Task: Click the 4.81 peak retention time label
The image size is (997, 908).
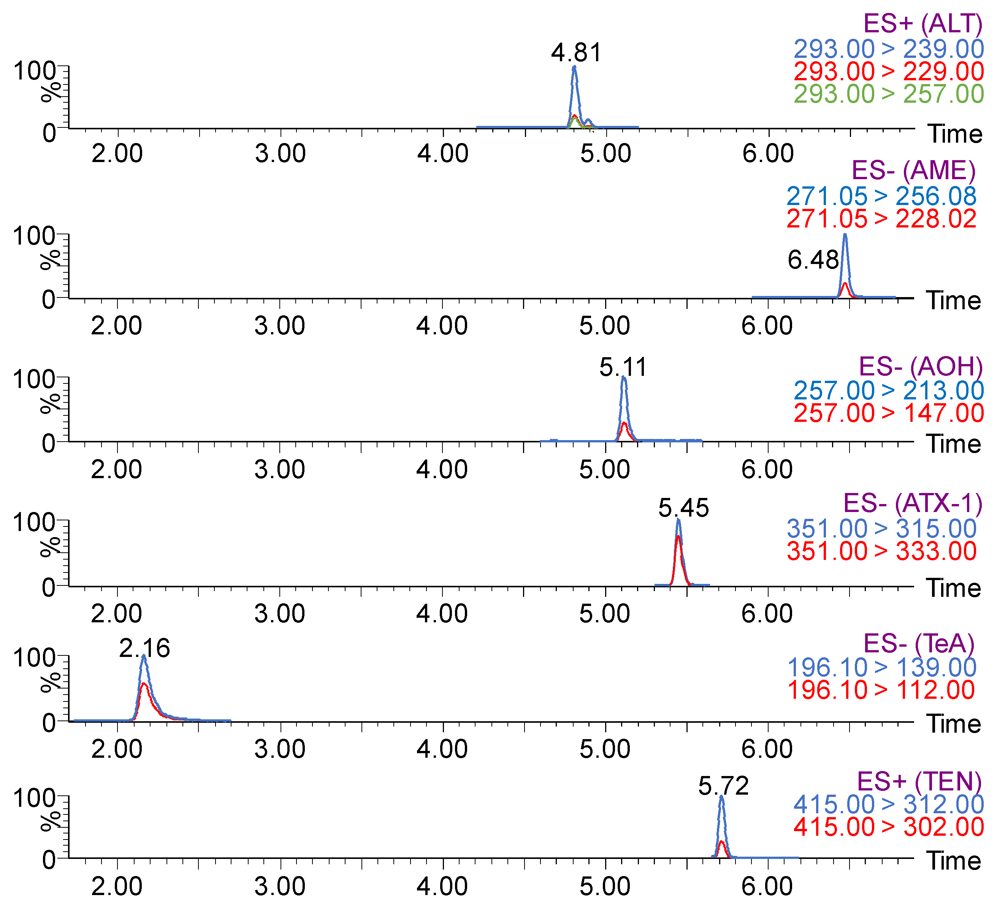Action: point(577,52)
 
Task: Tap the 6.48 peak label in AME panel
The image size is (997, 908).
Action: point(813,260)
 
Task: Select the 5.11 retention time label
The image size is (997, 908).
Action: point(623,367)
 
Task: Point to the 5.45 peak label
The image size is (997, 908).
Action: point(683,508)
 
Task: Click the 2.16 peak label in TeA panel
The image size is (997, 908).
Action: point(144,648)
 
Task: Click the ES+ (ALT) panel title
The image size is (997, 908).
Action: point(923,23)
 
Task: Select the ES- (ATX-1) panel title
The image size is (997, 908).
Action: point(913,503)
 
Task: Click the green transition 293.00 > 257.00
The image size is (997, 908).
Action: point(889,94)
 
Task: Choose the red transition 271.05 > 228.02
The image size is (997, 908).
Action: point(881,219)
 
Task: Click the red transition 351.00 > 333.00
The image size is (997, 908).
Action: point(881,551)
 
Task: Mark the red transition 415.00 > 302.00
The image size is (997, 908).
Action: point(889,827)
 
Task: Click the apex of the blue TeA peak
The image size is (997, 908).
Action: point(143,656)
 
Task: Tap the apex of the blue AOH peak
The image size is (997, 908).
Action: point(624,378)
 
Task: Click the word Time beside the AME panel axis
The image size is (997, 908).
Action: point(954,301)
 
